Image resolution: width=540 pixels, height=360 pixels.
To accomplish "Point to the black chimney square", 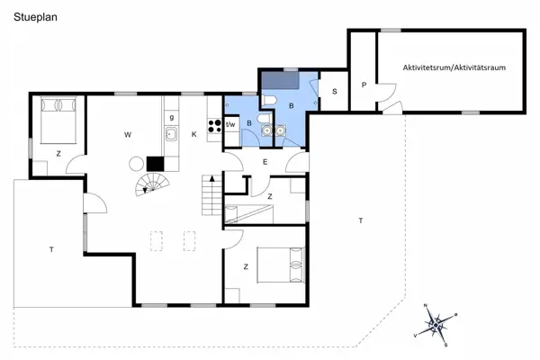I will tap(155, 164).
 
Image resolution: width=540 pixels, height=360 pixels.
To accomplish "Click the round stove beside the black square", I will tap(137, 164).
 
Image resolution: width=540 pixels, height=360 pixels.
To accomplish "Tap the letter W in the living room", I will tap(128, 135).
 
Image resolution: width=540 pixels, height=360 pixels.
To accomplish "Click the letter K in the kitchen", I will tap(193, 135).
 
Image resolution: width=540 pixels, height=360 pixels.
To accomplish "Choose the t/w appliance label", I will tap(230, 124).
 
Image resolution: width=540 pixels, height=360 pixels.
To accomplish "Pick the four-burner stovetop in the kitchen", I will tap(215, 127).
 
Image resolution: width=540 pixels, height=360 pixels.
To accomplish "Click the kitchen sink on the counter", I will tap(170, 135).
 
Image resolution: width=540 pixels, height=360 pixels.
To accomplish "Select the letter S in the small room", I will tap(334, 92).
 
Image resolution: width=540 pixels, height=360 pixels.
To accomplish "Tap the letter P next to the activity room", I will tap(363, 85).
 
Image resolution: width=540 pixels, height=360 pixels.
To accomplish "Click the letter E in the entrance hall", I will tap(265, 162).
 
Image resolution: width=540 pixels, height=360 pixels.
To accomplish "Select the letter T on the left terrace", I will tap(51, 249).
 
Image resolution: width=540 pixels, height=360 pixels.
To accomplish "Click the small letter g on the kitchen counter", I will tap(171, 117).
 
